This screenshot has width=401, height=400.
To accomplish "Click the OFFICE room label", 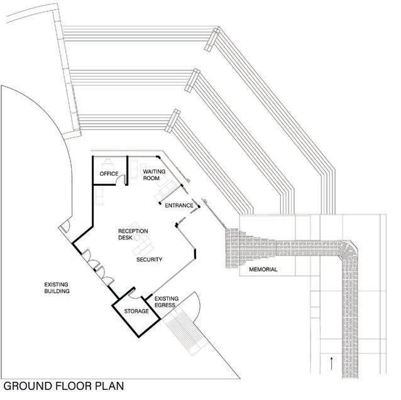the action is pyautogui.click(x=109, y=174).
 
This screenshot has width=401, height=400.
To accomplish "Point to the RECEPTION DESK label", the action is pyautogui.click(x=133, y=235).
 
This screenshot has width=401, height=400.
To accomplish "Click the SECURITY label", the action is pyautogui.click(x=150, y=259).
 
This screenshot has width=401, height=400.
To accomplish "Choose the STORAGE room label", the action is pyautogui.click(x=136, y=311).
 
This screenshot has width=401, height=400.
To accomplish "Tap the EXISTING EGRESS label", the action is pyautogui.click(x=167, y=302).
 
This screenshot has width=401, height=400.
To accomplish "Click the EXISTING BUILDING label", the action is pyautogui.click(x=57, y=288).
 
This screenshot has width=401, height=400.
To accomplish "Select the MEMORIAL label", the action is pyautogui.click(x=263, y=270).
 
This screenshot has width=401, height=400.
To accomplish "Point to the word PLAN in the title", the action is pyautogui.click(x=110, y=386).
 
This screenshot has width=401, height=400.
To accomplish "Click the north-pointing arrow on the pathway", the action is pyautogui.click(x=331, y=362).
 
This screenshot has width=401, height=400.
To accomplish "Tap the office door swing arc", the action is pyautogui.click(x=124, y=180).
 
